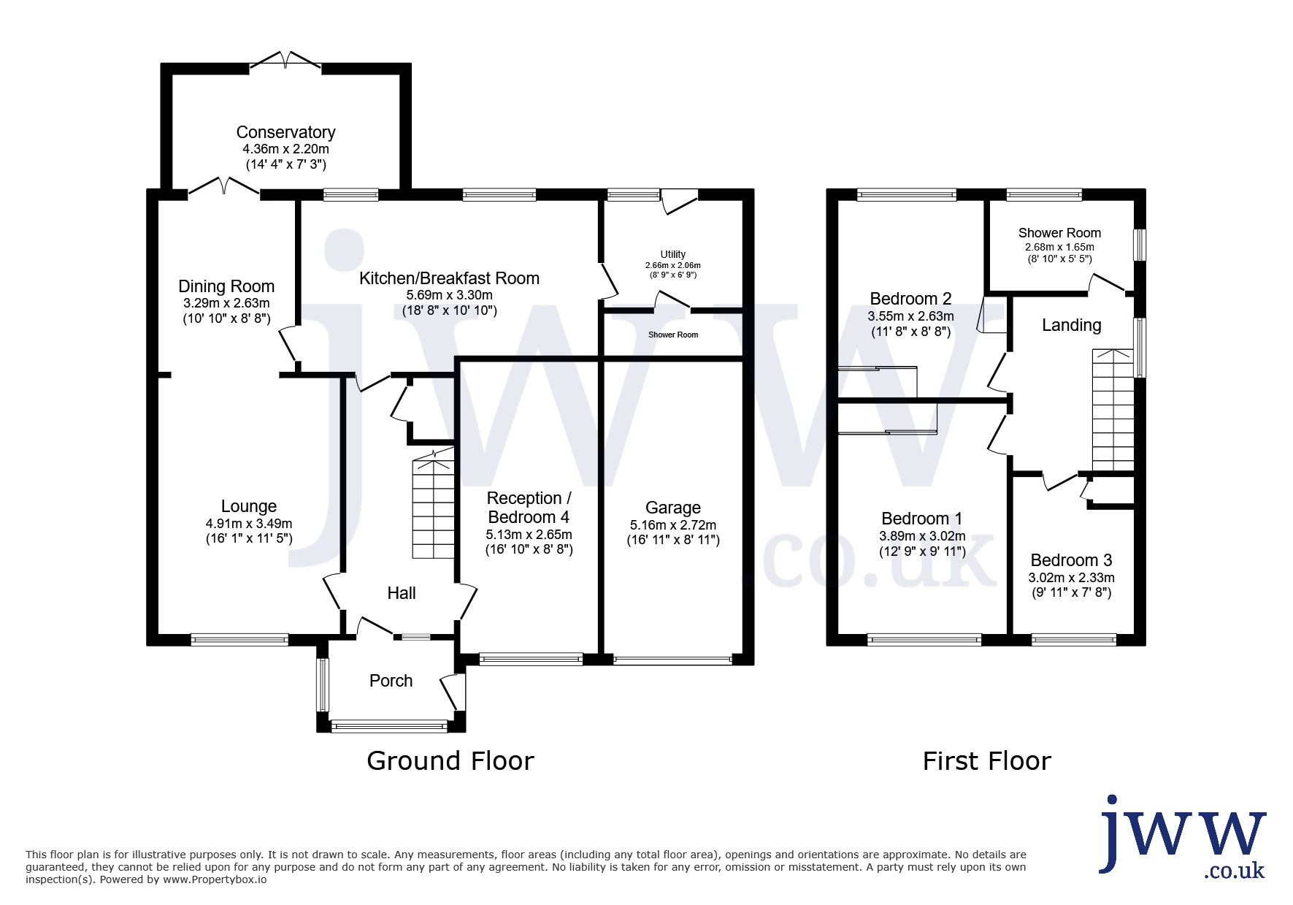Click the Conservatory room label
pyautogui.click(x=285, y=132)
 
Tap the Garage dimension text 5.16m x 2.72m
pyautogui.click(x=673, y=525)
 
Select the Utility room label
pyautogui.click(x=673, y=254)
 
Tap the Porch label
pyautogui.click(x=391, y=681)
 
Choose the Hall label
pyautogui.click(x=402, y=593)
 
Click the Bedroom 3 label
pyautogui.click(x=1071, y=560)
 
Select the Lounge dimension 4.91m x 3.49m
pyautogui.click(x=249, y=524)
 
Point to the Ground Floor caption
pyautogui.click(x=450, y=761)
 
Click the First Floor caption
pyautogui.click(x=986, y=761)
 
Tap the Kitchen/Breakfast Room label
pyautogui.click(x=449, y=278)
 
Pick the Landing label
pyautogui.click(x=1071, y=325)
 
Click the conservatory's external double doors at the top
pyautogui.click(x=285, y=61)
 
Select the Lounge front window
pyautogui.click(x=239, y=640)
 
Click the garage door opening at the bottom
pyautogui.click(x=672, y=660)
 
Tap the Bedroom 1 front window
pyautogui.click(x=924, y=640)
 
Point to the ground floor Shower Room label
pyautogui.click(x=673, y=335)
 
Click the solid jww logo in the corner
pyautogui.click(x=1183, y=836)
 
